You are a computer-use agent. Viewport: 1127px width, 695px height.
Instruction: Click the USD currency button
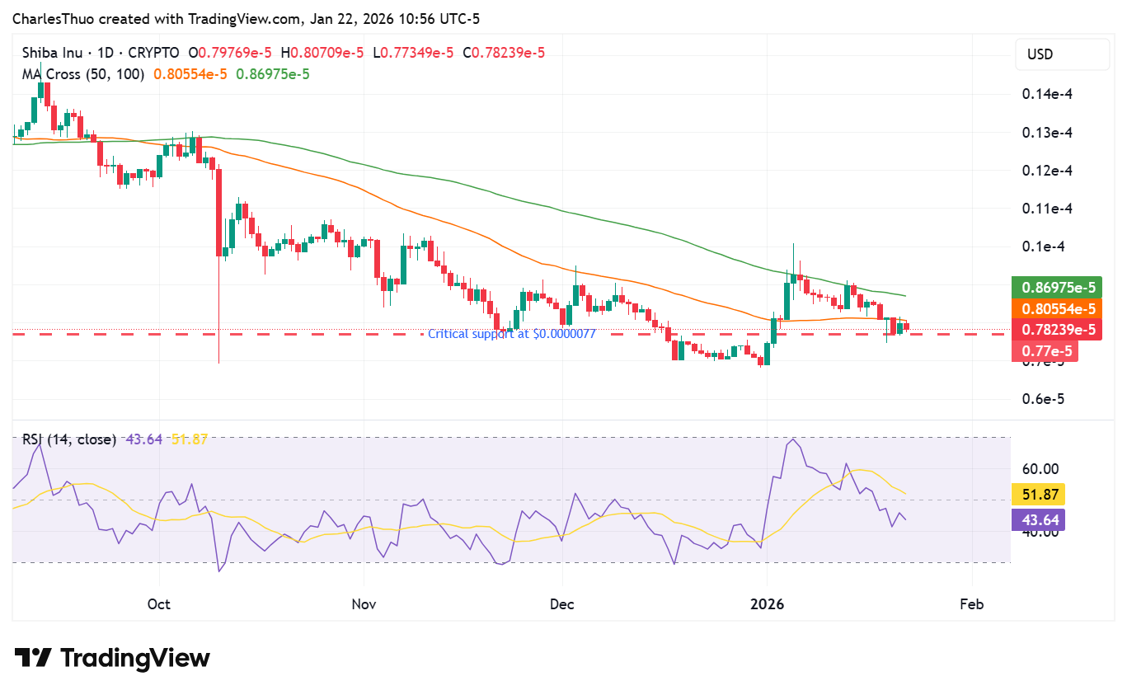coord(1062,54)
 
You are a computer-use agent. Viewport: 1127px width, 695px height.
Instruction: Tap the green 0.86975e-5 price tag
coord(1059,288)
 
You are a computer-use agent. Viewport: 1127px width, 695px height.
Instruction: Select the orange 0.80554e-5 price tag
coord(1059,308)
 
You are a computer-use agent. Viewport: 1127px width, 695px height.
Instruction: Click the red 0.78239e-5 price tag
coord(1059,330)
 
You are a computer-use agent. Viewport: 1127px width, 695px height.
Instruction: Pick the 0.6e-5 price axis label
coord(1043,399)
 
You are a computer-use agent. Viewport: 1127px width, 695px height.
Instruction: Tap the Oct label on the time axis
coord(159,604)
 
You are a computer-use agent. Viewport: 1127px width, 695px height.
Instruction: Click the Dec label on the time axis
coord(562,604)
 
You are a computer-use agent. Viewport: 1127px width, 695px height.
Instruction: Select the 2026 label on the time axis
coord(767,604)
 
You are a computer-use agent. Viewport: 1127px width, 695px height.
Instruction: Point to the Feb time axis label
coord(972,604)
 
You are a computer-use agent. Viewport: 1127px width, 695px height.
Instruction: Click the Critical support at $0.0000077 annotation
coord(511,334)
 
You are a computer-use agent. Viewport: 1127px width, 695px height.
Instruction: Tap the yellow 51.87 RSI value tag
coord(1038,495)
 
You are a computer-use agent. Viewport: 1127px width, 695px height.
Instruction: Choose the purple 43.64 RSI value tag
coord(1038,519)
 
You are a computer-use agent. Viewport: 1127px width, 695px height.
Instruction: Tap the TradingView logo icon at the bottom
coord(33,658)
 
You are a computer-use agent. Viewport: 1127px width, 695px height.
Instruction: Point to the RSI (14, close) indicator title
coord(68,439)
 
